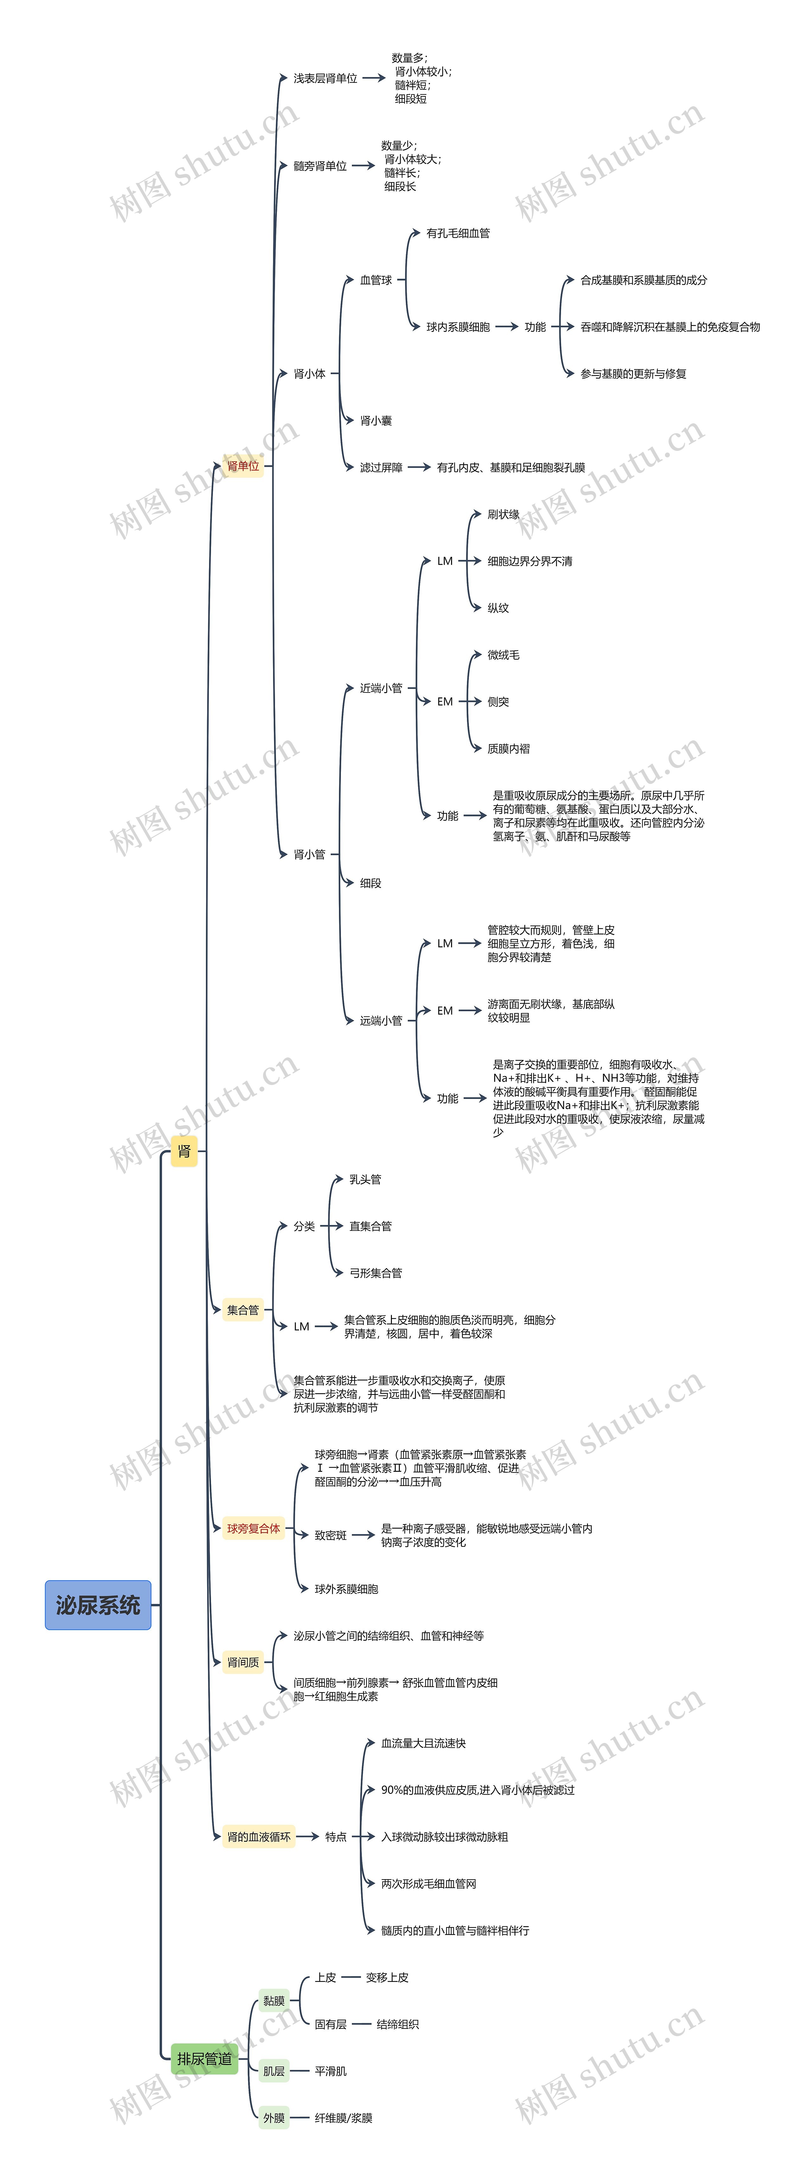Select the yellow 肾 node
184,1151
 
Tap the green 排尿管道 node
204,2058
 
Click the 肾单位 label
243,466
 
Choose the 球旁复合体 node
253,1528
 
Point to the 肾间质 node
243,1663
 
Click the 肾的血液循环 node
258,1836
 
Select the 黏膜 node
273,2000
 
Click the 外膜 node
273,2118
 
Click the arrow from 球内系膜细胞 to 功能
506,327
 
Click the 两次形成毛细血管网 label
429,1884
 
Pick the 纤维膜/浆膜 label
343,2118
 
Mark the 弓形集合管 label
375,1272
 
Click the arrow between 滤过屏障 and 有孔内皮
419,467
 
